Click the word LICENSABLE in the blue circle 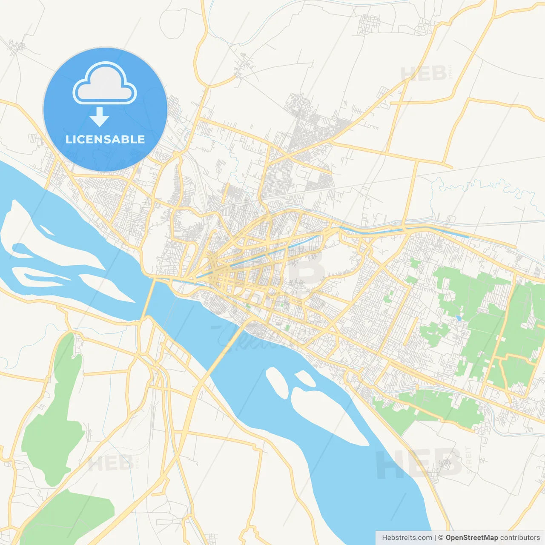[x=105, y=139]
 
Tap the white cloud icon [x=105, y=83]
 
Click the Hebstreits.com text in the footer [x=407, y=538]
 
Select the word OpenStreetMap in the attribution [x=471, y=538]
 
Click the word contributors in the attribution [x=520, y=538]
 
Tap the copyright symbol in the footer [x=441, y=538]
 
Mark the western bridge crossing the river [x=147, y=298]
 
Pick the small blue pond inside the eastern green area [x=458, y=318]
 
